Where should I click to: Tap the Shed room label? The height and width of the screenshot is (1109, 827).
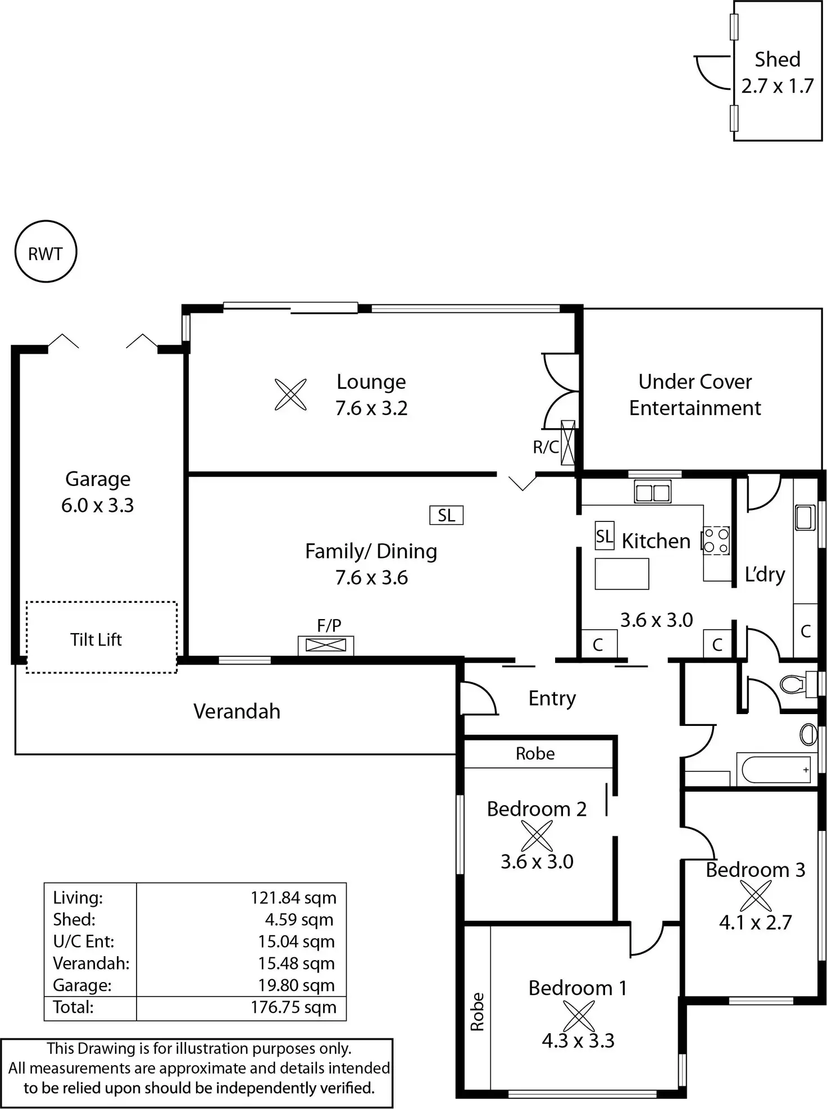(777, 59)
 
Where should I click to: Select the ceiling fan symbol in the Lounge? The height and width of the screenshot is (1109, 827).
(290, 394)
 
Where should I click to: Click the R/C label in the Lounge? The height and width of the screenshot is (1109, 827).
(546, 447)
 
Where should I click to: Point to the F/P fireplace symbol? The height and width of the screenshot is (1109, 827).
(326, 646)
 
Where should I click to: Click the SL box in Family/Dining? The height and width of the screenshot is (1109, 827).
(447, 515)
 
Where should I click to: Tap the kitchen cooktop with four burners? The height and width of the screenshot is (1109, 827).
(716, 540)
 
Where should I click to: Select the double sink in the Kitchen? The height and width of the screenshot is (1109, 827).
(652, 492)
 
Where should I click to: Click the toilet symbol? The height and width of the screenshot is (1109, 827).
(798, 684)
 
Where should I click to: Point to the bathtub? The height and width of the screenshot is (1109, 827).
(776, 770)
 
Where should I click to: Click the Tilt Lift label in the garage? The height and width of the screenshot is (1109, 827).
(96, 639)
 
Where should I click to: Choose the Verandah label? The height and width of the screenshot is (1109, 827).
(237, 711)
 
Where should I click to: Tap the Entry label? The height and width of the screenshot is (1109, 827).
(552, 698)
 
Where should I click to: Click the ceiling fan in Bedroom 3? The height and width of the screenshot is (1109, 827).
(756, 896)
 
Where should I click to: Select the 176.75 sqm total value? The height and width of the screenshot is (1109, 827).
(293, 1007)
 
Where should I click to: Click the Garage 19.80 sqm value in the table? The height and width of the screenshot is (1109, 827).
(296, 985)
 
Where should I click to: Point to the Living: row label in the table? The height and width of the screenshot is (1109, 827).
(78, 898)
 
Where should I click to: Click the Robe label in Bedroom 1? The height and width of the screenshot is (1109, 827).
(477, 1012)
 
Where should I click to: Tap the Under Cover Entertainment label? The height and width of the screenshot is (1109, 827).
(695, 394)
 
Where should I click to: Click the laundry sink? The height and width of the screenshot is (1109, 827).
(805, 517)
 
